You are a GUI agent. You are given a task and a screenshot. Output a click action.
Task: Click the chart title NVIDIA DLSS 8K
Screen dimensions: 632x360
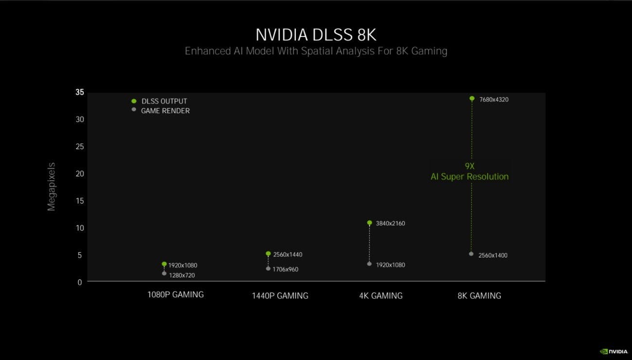(316, 35)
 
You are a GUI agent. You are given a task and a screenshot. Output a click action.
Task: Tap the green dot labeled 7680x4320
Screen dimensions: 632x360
(472, 99)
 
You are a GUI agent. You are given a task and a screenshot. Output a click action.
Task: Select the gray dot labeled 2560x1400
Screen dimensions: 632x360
(471, 254)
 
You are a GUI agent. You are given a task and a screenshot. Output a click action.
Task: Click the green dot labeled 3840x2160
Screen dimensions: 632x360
(369, 223)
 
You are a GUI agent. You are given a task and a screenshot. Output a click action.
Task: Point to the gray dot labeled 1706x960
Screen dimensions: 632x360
(268, 269)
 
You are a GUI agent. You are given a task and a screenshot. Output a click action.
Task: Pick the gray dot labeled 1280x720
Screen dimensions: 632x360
(164, 274)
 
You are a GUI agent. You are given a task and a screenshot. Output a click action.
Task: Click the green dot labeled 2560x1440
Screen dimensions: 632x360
(268, 254)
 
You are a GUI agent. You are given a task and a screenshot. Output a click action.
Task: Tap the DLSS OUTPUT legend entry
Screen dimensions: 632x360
(159, 101)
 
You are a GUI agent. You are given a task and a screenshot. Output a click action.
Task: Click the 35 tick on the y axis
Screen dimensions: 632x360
(80, 92)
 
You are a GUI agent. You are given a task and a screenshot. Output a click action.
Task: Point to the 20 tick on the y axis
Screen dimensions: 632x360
(80, 173)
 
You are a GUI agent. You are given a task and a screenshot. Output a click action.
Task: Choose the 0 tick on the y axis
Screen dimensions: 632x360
(80, 282)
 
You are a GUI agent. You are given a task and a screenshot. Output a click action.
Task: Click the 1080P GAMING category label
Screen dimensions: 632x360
(175, 294)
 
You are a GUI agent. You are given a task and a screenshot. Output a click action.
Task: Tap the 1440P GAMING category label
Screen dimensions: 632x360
(280, 296)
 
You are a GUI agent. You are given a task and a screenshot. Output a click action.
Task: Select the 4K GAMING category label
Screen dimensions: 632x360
(381, 296)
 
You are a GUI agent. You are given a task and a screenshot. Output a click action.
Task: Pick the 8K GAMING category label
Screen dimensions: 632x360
(479, 296)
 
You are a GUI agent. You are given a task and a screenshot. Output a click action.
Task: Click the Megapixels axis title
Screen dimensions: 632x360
(51, 187)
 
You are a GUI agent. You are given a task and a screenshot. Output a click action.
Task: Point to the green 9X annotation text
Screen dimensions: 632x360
(470, 166)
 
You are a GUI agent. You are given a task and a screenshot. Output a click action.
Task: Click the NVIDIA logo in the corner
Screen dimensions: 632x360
(614, 351)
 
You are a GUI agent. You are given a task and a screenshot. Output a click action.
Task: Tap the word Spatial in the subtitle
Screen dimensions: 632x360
(317, 51)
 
